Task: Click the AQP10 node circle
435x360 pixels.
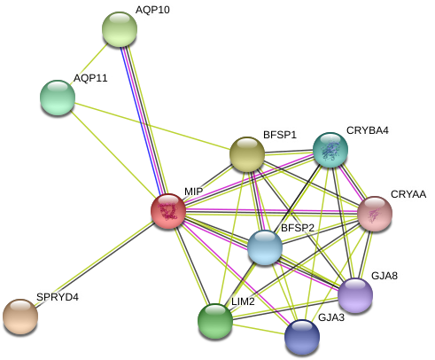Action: coord(120,29)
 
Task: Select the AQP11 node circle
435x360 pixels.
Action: coord(58,98)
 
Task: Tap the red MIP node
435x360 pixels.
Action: coord(168,211)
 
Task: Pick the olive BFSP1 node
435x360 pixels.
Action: coord(247,154)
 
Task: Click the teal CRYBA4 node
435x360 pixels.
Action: coord(330,150)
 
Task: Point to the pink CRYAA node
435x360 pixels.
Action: coord(375,214)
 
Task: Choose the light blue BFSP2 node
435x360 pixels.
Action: coord(265,247)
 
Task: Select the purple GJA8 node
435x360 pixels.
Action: coord(355,295)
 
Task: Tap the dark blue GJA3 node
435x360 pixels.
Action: coord(302,337)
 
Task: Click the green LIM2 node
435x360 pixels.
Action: coord(215,321)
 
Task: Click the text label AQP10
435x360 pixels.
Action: coord(152,10)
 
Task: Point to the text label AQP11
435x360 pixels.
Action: coord(90,78)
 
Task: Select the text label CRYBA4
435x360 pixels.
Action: coord(367,130)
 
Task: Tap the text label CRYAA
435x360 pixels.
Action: coord(408,194)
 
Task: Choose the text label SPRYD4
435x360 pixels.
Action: coord(57,297)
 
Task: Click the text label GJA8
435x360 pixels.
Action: coord(385,276)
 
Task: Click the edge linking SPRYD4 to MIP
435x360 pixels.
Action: coord(94,263)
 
